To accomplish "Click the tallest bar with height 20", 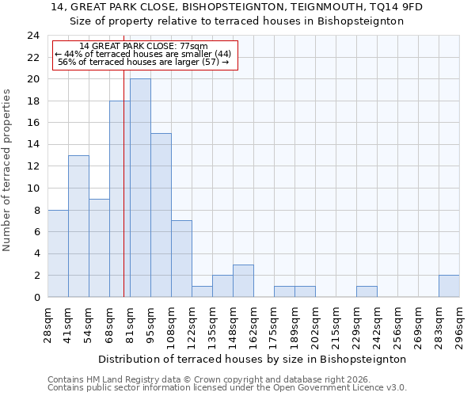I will click(140, 188).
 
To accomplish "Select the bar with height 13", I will click(78, 226).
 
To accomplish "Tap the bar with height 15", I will click(161, 215).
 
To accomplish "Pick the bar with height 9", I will click(99, 248).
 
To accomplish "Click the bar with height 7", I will click(181, 258).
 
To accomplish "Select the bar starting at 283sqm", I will click(449, 286).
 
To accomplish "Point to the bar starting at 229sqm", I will click(367, 291).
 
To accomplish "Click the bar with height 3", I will click(243, 280).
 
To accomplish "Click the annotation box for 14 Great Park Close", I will click(144, 55).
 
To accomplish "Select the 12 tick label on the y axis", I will click(32, 166).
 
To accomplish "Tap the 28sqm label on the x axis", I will click(47, 326).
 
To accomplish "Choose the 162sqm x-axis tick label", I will click(253, 326).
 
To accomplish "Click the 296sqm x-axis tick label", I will click(459, 326).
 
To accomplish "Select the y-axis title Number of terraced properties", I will click(7, 170).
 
